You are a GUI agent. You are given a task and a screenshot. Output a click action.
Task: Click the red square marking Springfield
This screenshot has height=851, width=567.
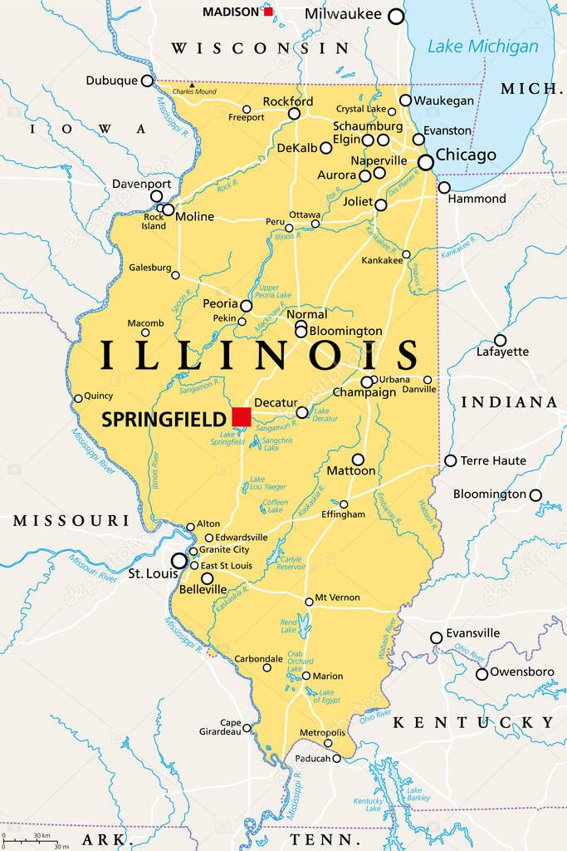tap(242, 416)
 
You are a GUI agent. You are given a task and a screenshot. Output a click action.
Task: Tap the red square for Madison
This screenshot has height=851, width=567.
tap(268, 12)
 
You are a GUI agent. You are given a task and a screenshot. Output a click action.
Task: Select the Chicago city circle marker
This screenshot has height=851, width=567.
tap(426, 163)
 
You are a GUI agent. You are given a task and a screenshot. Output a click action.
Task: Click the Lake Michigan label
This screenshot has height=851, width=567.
tap(482, 47)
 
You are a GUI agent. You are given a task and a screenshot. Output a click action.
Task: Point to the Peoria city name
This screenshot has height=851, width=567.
tap(220, 304)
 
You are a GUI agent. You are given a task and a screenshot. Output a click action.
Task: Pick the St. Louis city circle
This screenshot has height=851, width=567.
tap(179, 561)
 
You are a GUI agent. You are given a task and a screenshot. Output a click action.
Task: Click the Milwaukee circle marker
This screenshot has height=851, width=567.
tap(397, 16)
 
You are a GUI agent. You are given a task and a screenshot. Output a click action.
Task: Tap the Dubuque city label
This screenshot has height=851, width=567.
tap(111, 81)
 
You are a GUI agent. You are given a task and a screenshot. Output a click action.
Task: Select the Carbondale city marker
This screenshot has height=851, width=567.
tap(267, 667)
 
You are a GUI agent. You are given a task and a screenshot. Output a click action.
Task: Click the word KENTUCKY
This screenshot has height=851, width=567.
tap(473, 722)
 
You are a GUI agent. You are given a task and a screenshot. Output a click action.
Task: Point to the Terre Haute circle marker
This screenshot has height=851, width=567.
tap(451, 460)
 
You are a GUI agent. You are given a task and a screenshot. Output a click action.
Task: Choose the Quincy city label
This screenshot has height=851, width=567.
tap(98, 396)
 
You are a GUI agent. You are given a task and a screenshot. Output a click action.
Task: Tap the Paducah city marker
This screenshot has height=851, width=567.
tap(336, 758)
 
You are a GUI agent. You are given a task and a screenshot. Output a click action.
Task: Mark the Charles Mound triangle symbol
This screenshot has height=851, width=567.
tap(191, 85)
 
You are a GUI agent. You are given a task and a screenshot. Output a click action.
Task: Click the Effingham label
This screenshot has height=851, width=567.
tap(343, 514)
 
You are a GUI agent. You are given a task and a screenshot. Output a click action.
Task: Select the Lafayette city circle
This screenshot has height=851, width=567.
tap(501, 340)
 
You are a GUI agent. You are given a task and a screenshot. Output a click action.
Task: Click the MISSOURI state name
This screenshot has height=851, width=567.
tap(71, 521)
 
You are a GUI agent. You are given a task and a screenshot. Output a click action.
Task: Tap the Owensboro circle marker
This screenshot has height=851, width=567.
tap(481, 674)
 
